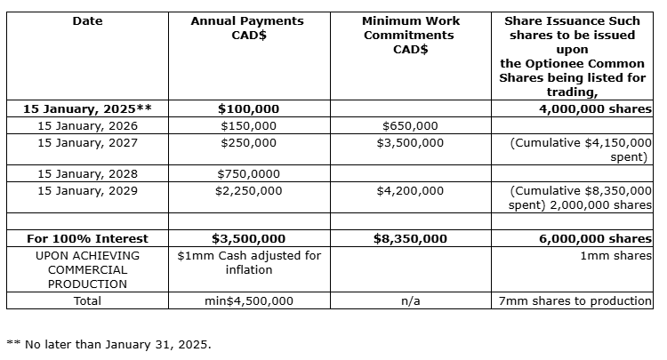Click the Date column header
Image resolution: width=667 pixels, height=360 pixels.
[87, 20]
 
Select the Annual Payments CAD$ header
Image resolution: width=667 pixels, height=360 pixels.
[247, 28]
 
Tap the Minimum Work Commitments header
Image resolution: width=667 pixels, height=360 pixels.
[410, 35]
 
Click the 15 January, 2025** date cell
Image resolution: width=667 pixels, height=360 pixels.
[87, 109]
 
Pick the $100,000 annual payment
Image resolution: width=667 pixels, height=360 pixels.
[248, 109]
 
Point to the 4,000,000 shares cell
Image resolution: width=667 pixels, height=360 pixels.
[595, 109]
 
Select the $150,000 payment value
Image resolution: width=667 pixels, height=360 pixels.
[248, 126]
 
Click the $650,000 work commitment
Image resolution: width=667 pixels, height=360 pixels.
[410, 126]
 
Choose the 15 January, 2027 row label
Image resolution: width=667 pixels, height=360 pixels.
[87, 142]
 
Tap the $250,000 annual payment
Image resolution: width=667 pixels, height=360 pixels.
[248, 142]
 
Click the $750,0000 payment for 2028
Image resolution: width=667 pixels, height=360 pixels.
[248, 174]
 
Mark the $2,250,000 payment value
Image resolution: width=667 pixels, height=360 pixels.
[248, 190]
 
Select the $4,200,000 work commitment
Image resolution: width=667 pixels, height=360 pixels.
[410, 190]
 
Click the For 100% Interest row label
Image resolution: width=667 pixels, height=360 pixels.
[87, 238]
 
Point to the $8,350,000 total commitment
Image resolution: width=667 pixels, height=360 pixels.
[410, 238]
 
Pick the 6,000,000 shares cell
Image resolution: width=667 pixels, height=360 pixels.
[595, 238]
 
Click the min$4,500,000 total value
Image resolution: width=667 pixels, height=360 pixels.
[248, 300]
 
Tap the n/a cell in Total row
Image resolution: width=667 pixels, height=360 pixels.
[410, 300]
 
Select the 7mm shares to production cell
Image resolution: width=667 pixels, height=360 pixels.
[575, 300]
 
